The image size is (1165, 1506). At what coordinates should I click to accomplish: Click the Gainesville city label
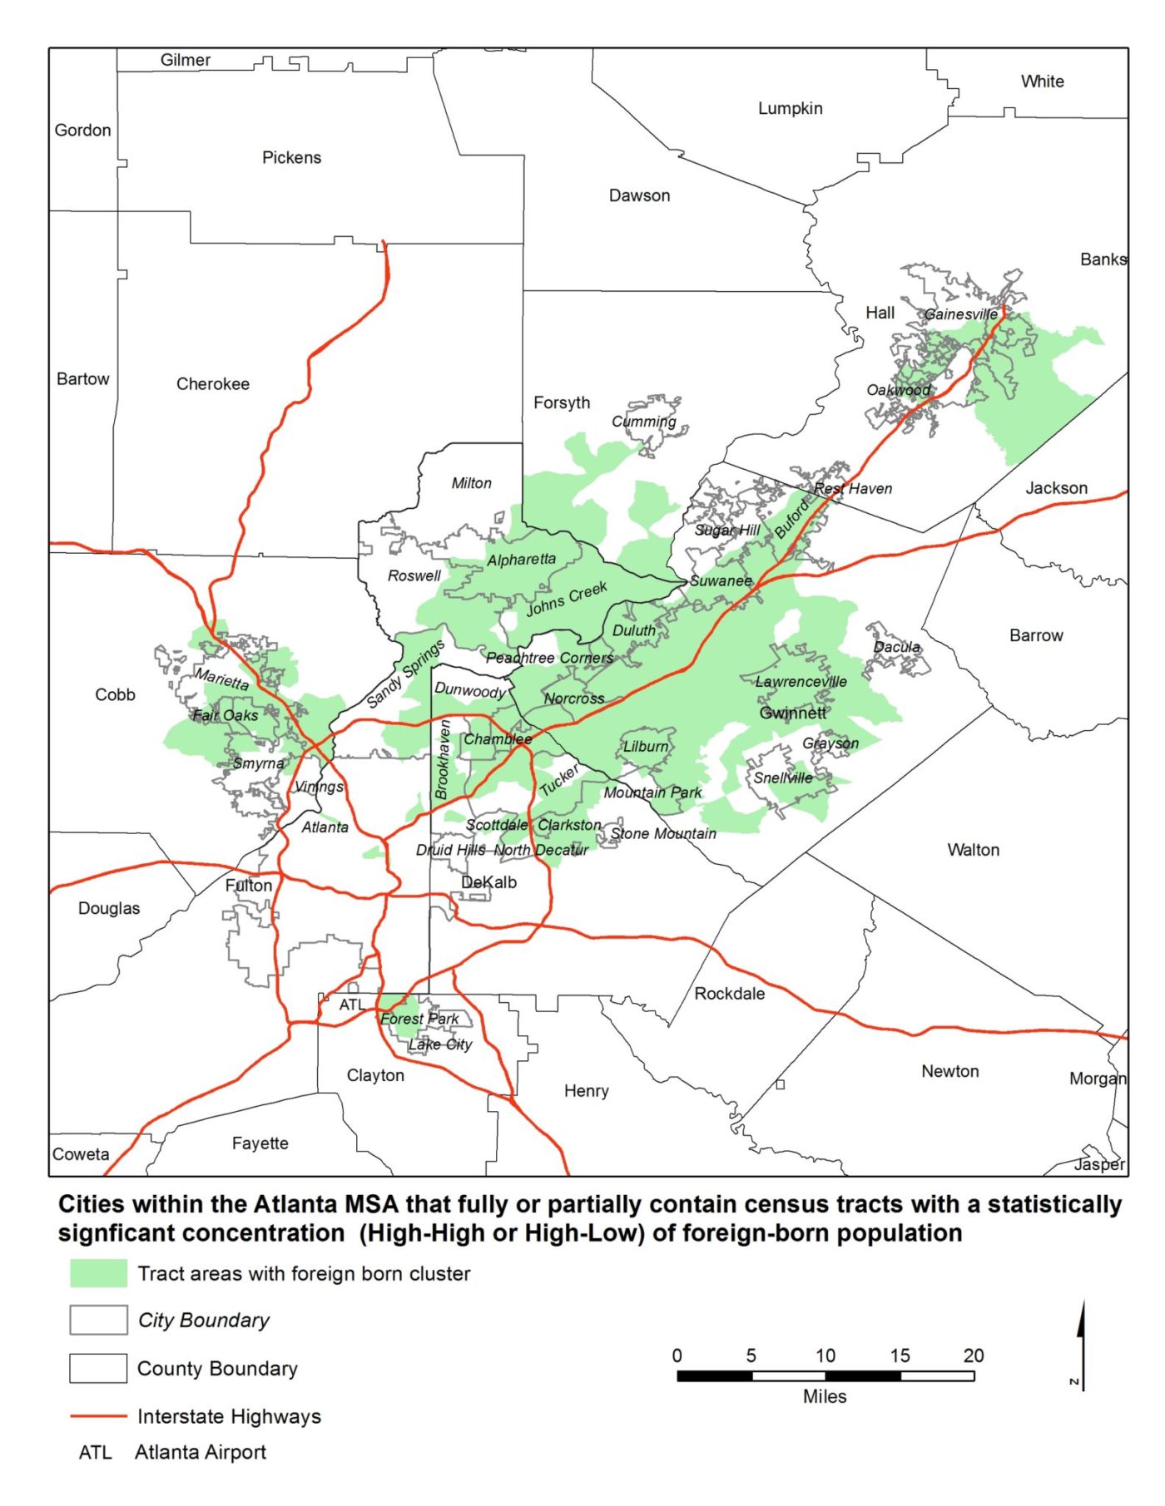tap(960, 314)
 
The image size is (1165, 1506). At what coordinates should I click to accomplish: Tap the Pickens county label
tap(291, 157)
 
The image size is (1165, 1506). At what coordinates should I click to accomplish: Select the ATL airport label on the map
tap(351, 1005)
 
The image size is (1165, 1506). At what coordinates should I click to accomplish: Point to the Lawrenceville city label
tap(801, 681)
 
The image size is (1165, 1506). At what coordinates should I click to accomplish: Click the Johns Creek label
tap(567, 599)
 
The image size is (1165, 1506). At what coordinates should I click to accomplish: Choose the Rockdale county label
tap(729, 993)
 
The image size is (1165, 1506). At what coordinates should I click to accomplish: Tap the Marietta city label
tap(222, 679)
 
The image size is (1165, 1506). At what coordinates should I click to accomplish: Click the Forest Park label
tap(419, 1019)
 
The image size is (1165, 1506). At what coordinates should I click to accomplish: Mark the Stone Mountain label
tap(663, 833)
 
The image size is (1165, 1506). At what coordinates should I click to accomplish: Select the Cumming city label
tap(644, 421)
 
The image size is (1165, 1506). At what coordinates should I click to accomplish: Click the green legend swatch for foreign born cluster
tap(98, 1273)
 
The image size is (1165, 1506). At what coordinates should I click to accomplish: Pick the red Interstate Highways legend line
tap(98, 1415)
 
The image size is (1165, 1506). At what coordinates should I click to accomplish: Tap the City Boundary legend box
tap(98, 1320)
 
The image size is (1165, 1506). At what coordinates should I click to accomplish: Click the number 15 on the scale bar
tap(900, 1355)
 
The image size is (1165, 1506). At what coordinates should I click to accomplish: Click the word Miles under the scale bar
tap(824, 1396)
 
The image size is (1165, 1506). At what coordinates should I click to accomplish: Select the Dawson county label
tap(639, 195)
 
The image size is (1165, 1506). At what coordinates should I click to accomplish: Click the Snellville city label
tap(783, 778)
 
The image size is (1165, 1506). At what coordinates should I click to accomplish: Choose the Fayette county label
tap(260, 1143)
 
